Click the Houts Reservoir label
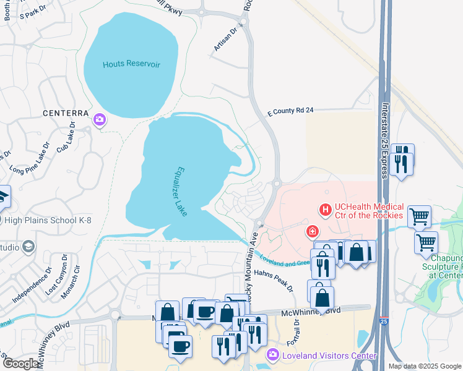click(x=131, y=64)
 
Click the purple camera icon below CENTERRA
click(x=98, y=120)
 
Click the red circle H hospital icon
click(x=324, y=211)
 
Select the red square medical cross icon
click(x=313, y=232)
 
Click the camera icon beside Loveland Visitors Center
click(x=272, y=355)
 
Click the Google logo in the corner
click(x=21, y=364)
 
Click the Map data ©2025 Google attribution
click(x=425, y=366)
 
